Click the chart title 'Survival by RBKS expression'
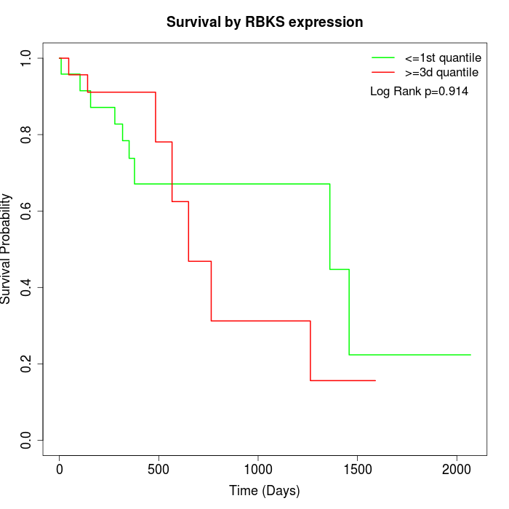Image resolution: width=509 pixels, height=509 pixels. (265, 22)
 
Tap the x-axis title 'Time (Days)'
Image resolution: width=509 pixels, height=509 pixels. (265, 491)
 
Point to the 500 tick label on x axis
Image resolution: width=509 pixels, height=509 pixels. (159, 469)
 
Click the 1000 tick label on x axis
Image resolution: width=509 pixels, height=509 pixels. (258, 469)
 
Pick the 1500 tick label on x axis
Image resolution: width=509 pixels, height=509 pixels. (357, 469)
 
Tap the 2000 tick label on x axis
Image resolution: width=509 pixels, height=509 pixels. (457, 469)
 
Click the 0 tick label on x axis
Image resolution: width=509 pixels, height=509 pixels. (60, 469)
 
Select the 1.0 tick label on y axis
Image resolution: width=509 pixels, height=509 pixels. (27, 58)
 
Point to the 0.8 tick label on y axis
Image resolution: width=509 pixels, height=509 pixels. (27, 135)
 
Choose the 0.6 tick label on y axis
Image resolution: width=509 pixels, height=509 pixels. (27, 211)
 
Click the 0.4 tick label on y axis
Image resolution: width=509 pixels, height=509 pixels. (27, 287)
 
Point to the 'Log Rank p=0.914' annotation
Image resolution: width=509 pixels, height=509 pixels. (419, 92)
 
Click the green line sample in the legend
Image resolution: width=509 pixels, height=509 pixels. (383, 57)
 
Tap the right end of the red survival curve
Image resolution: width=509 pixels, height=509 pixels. (375, 380)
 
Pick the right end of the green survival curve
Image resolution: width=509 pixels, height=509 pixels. (470, 355)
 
